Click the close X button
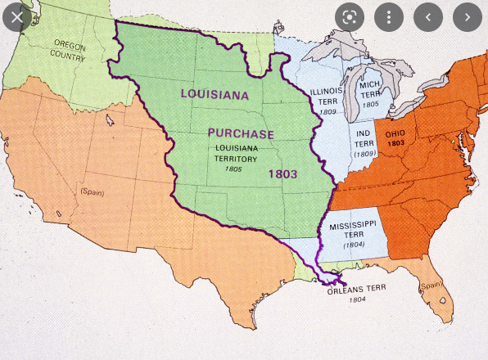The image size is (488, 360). click(17, 16)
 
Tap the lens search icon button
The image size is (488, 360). click(348, 16)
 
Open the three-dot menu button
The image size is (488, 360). click(388, 16)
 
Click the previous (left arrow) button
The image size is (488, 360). click(428, 16)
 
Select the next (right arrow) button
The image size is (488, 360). click(468, 16)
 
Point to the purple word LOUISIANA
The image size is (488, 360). click(215, 94)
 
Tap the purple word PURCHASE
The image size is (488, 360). click(240, 133)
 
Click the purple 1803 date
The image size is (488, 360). click(282, 174)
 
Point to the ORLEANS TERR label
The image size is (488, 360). click(357, 290)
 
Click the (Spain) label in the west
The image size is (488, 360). click(91, 191)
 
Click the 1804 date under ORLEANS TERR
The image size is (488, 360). click(357, 300)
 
